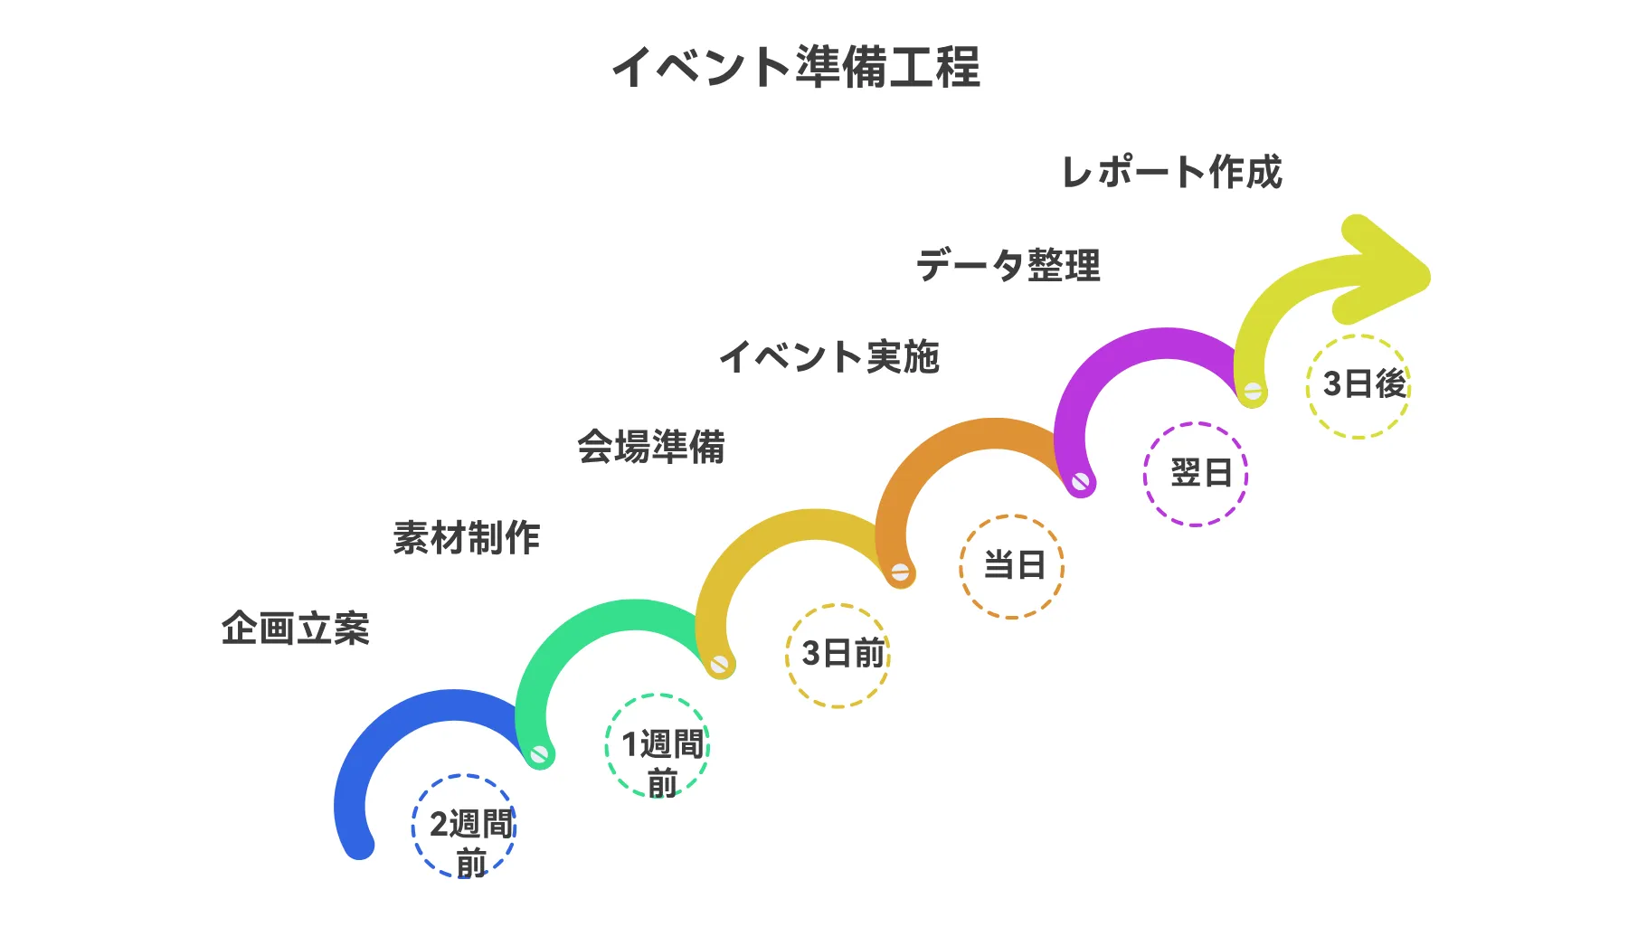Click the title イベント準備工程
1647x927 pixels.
pos(796,67)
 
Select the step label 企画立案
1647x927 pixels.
pos(296,628)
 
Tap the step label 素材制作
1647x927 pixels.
pos(467,537)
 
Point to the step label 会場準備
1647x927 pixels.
pos(651,447)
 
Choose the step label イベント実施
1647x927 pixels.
pos(829,356)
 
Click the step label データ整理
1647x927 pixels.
pos(1008,265)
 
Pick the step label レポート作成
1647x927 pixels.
pos(1171,172)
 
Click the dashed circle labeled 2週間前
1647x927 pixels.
pos(464,826)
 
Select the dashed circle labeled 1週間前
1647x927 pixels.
pos(658,745)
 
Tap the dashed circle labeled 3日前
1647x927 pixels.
pos(838,655)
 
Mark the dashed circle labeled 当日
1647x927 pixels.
pos(1012,566)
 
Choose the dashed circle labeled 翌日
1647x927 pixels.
pos(1196,474)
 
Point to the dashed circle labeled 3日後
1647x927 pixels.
pos(1358,386)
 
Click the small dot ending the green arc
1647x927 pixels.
pos(540,753)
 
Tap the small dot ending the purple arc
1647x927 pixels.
pos(1081,482)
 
